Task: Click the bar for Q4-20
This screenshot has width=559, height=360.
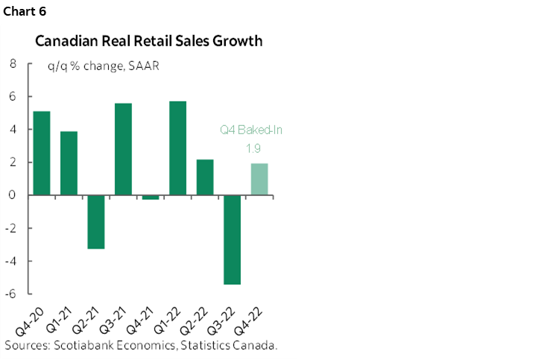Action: click(x=42, y=153)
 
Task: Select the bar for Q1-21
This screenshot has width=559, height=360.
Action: click(x=69, y=163)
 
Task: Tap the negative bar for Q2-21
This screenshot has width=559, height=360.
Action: click(x=95, y=221)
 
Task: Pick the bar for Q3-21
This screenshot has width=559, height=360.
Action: click(x=123, y=149)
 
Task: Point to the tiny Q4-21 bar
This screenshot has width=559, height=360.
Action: click(x=150, y=197)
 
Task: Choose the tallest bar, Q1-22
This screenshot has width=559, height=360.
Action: click(x=177, y=148)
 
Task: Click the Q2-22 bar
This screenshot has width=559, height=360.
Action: click(x=204, y=177)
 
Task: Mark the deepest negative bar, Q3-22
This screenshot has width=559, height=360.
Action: click(x=232, y=239)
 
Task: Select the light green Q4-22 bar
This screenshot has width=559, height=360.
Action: click(x=259, y=179)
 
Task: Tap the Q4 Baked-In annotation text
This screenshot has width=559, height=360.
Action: click(x=251, y=130)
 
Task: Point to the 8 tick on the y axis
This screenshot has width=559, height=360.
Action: click(x=13, y=64)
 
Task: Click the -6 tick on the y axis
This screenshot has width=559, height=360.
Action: click(x=10, y=294)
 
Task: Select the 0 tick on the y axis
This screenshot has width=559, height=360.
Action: click(x=13, y=195)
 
